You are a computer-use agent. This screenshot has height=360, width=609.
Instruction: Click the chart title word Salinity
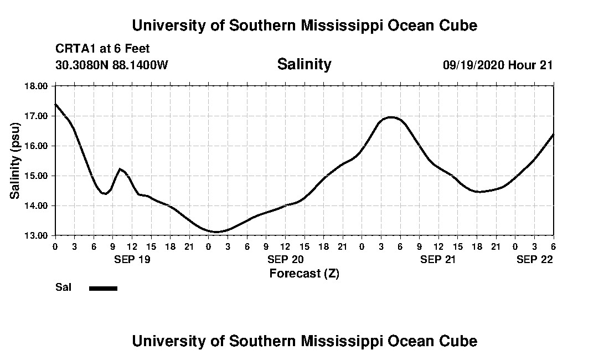(304, 64)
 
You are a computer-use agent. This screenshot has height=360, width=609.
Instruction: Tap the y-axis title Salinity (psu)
(16, 161)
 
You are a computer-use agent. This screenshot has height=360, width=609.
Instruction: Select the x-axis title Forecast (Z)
(304, 273)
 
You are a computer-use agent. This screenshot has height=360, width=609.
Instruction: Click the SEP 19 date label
(132, 259)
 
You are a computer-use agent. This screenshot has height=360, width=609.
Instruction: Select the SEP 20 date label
(285, 259)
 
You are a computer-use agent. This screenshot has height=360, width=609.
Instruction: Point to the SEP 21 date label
(438, 259)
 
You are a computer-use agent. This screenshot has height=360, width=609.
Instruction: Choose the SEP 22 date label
(535, 259)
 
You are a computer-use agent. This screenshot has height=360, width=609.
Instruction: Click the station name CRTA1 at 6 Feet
(102, 49)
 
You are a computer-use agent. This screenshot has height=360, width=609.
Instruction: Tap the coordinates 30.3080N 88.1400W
(111, 65)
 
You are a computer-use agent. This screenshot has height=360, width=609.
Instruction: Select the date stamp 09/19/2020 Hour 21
(498, 65)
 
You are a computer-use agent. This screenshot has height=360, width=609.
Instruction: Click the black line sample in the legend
(103, 288)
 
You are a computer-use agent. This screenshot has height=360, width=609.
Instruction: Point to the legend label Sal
(62, 288)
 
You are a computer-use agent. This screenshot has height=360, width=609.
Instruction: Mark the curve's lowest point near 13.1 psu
(216, 232)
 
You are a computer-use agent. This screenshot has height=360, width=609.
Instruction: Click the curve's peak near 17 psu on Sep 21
(391, 117)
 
